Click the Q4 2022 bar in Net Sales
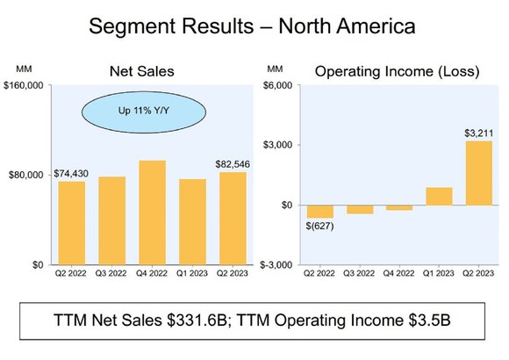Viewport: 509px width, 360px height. click(x=152, y=212)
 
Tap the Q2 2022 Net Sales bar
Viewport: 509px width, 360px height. click(x=72, y=223)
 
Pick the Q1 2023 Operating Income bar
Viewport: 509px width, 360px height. click(x=439, y=196)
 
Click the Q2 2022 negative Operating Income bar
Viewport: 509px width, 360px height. click(x=319, y=211)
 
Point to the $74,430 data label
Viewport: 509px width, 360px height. click(x=72, y=173)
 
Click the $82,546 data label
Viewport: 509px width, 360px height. click(x=233, y=164)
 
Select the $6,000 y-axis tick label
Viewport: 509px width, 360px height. click(x=280, y=86)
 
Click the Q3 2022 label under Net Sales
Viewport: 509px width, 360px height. click(x=112, y=274)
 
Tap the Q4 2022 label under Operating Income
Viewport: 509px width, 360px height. click(x=399, y=274)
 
